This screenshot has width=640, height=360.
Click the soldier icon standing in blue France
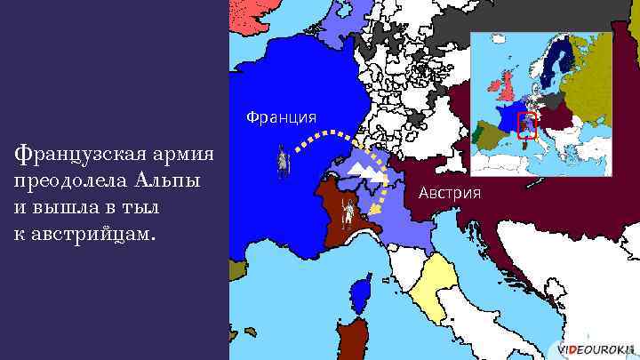[x=283, y=163]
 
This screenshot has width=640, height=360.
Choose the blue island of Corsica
[x=361, y=291]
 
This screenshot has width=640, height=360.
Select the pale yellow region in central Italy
[x=435, y=284]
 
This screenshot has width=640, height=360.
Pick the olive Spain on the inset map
[x=489, y=134]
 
